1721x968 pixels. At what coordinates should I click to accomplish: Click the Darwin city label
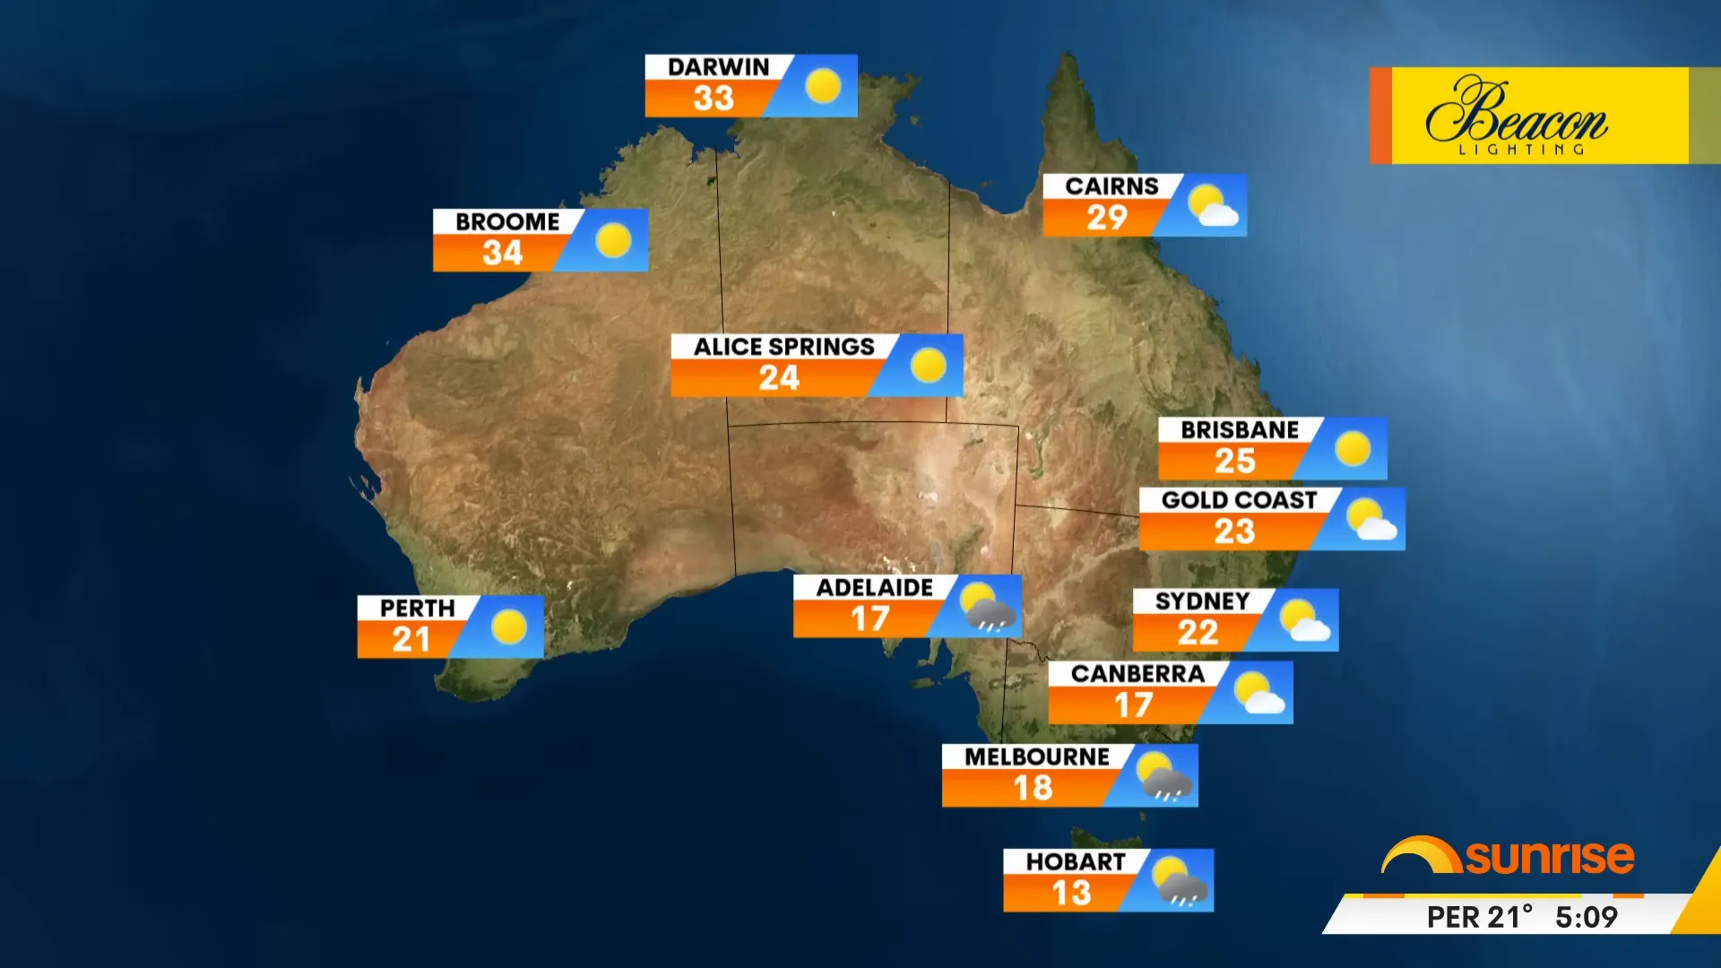pyautogui.click(x=718, y=67)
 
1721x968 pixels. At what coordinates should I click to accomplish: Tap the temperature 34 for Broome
pyautogui.click(x=502, y=253)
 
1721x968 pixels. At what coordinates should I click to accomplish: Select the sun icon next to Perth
pyautogui.click(x=509, y=627)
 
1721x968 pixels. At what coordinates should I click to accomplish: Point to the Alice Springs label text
pyautogui.click(x=783, y=347)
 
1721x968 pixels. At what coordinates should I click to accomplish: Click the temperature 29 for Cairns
pyautogui.click(x=1107, y=218)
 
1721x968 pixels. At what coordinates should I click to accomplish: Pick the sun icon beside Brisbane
pyautogui.click(x=1352, y=448)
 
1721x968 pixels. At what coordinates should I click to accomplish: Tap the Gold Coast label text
pyautogui.click(x=1239, y=500)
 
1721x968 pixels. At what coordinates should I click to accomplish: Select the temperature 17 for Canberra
pyautogui.click(x=1133, y=705)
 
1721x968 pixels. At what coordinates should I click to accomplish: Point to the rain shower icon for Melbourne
pyautogui.click(x=1163, y=776)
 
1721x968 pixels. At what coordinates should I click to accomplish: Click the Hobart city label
pyautogui.click(x=1076, y=862)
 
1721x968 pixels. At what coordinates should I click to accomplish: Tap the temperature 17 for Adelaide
pyautogui.click(x=869, y=619)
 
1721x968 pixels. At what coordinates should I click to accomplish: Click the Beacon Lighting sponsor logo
pyautogui.click(x=1527, y=116)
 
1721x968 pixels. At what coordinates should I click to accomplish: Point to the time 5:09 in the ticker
pyautogui.click(x=1586, y=917)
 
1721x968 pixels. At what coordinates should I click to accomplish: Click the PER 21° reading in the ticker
pyautogui.click(x=1479, y=917)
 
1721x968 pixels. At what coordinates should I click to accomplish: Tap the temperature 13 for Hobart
pyautogui.click(x=1071, y=894)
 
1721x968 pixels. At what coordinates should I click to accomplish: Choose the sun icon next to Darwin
pyautogui.click(x=822, y=86)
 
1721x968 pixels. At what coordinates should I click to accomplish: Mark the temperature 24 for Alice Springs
pyautogui.click(x=778, y=378)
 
